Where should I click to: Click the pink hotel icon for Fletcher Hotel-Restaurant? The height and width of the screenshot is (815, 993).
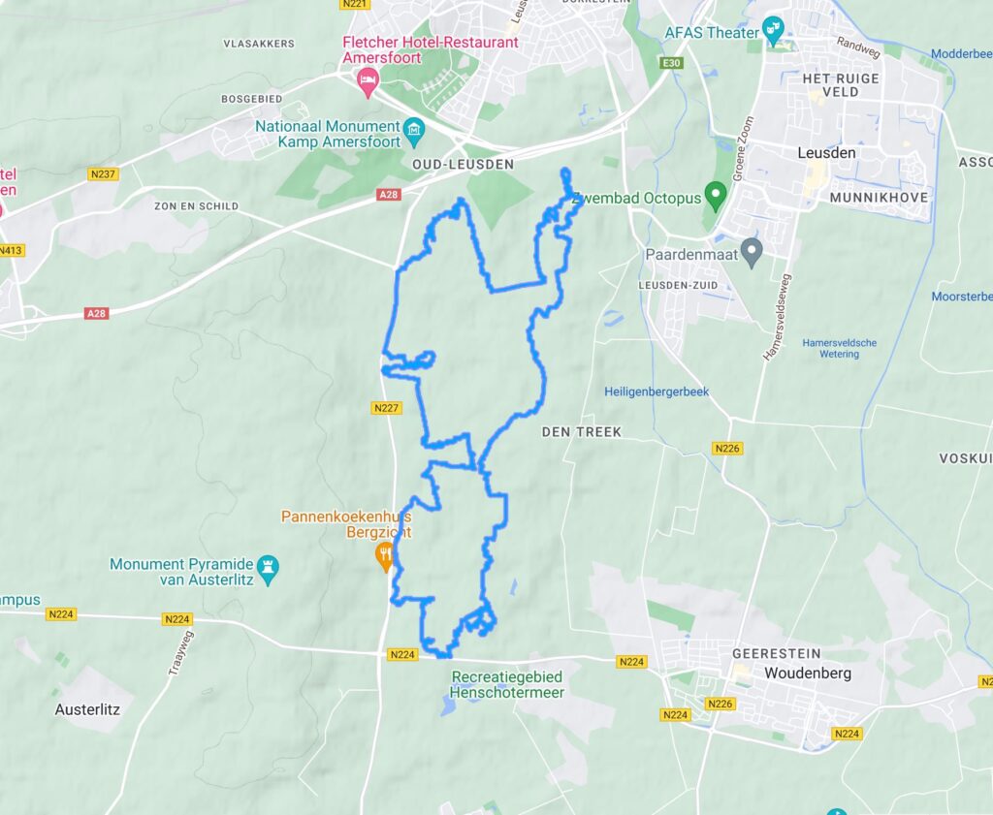pos(368,81)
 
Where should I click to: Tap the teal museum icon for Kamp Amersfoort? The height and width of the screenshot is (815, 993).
pos(414,128)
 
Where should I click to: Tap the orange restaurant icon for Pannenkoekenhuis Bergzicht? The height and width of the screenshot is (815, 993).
pos(385,555)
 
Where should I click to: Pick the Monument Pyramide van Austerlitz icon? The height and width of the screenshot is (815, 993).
pos(268,564)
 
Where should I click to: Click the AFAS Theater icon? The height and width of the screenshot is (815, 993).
pos(773,28)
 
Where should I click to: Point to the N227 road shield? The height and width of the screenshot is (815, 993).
pos(386,408)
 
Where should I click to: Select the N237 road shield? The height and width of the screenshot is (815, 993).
pos(102,174)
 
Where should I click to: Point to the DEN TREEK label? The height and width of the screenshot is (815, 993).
pos(581,431)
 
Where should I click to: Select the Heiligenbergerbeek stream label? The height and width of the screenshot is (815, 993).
pos(657,392)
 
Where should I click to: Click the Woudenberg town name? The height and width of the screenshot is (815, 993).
pos(800,673)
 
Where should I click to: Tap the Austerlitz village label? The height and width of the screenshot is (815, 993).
pos(87,709)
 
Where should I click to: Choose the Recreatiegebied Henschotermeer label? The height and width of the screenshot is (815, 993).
pos(506,684)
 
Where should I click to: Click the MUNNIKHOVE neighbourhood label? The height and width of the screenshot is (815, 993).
pos(879,197)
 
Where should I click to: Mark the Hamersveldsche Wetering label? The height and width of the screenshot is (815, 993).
pos(839,348)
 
